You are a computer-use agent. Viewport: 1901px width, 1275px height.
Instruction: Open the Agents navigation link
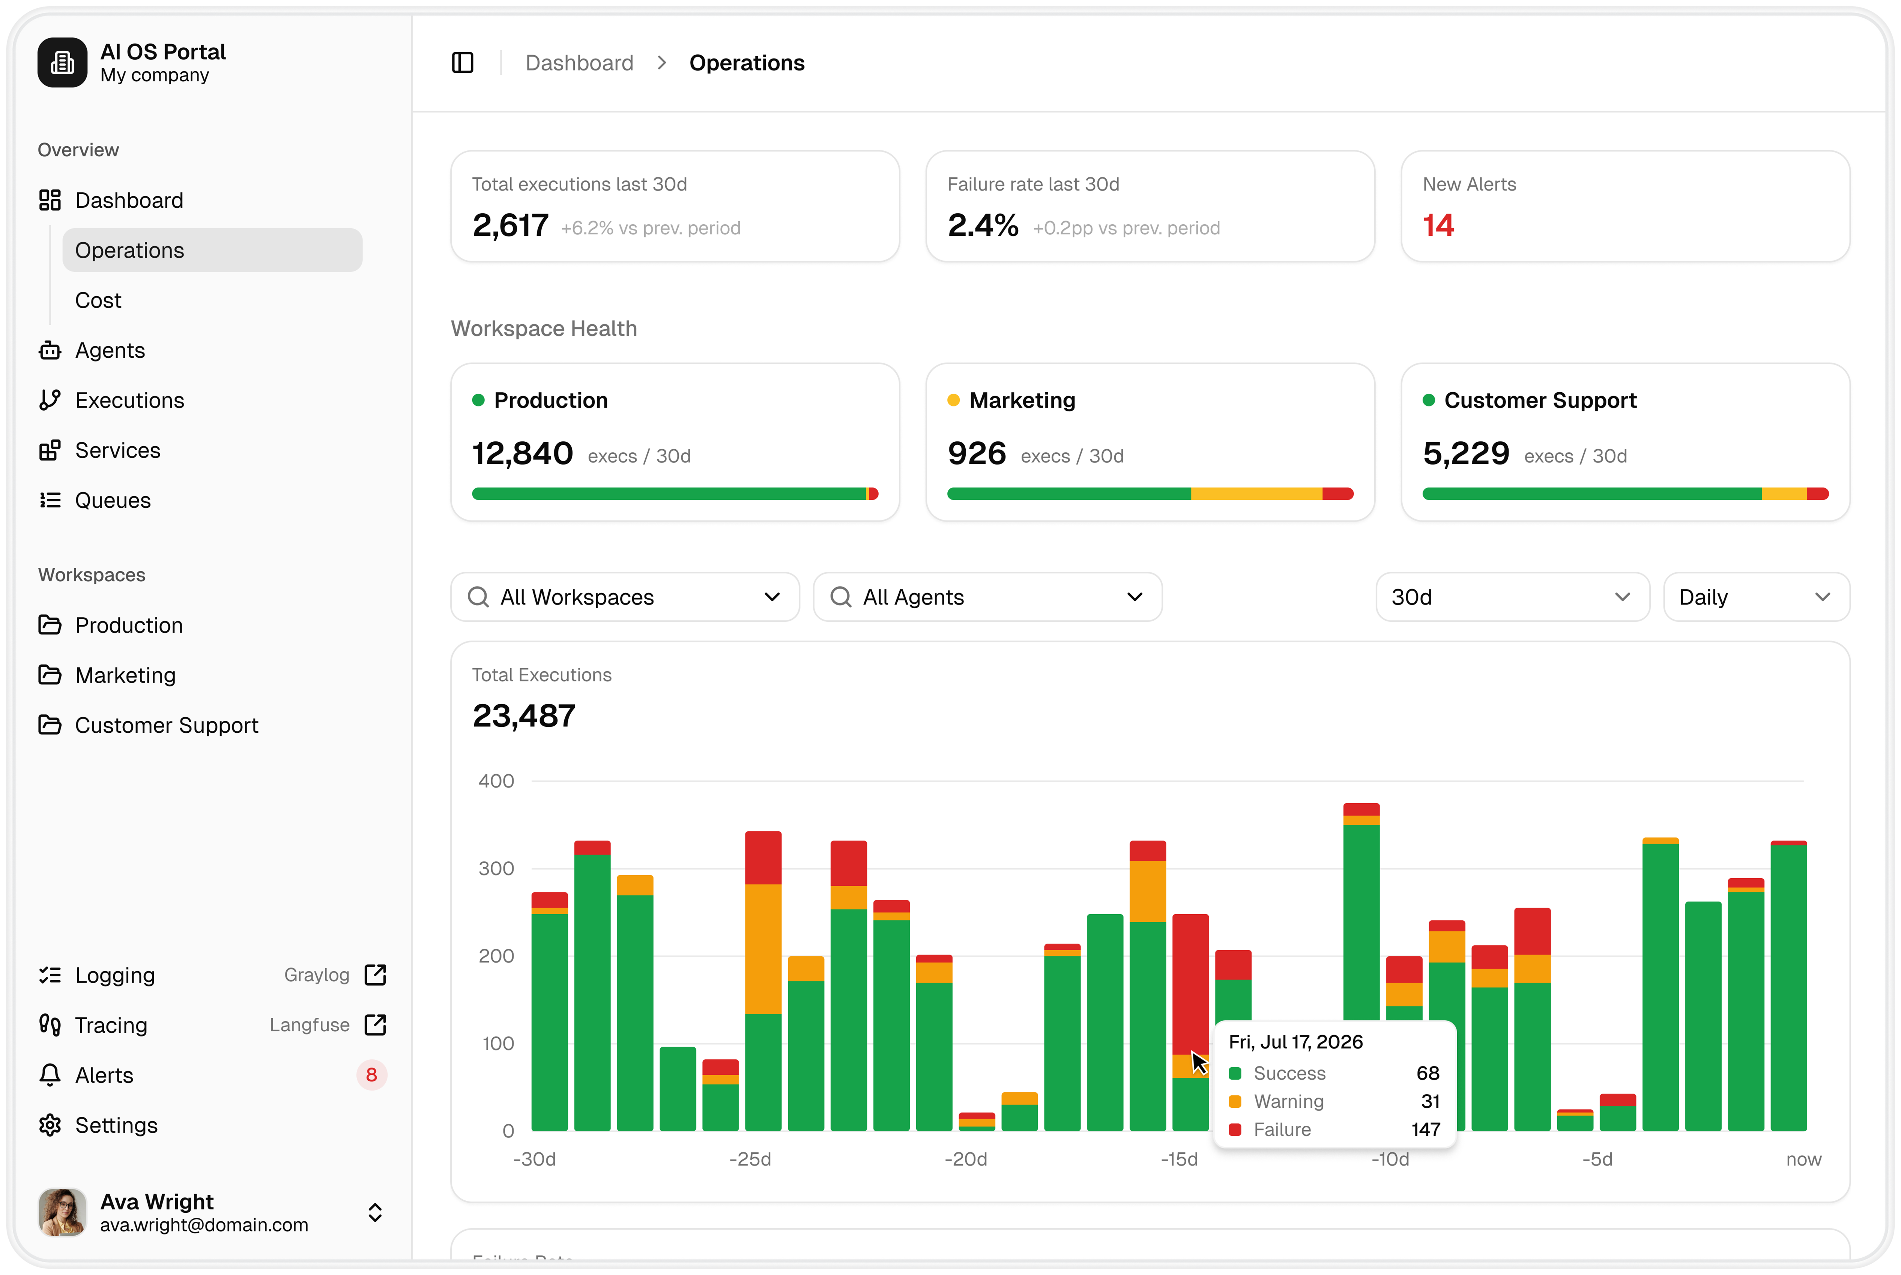[110, 351]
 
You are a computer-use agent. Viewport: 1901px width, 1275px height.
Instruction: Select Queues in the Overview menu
[112, 500]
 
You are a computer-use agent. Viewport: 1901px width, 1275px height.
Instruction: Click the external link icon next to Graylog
[375, 975]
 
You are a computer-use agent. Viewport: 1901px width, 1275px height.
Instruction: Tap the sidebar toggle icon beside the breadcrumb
[463, 63]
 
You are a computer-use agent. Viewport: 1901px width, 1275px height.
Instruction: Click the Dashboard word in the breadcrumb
[579, 63]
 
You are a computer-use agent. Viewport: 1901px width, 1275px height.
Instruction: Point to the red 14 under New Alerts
[1438, 225]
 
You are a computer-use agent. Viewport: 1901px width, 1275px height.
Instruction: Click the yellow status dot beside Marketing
[953, 400]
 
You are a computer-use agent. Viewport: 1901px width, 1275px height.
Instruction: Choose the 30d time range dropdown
[1512, 597]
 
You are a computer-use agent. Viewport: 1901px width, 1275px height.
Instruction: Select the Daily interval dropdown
[1756, 597]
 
